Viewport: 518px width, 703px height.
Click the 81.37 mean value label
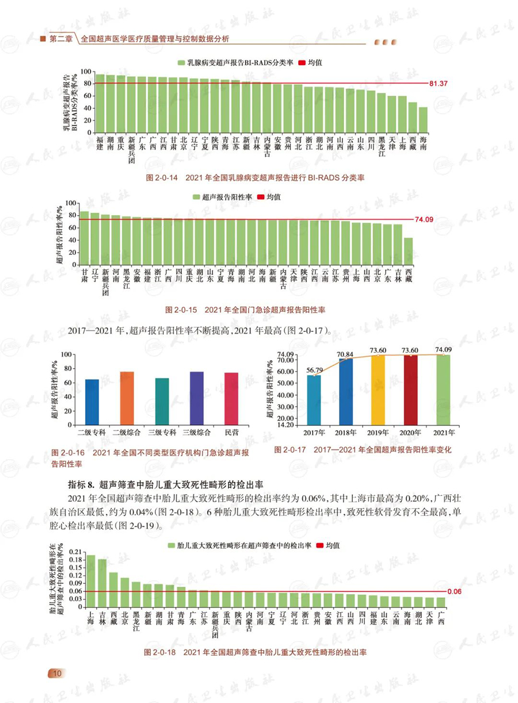(x=438, y=84)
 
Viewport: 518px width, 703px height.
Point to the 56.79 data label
(x=314, y=370)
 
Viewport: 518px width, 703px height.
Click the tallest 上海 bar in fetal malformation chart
(x=90, y=581)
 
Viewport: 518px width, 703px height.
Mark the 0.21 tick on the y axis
(x=75, y=552)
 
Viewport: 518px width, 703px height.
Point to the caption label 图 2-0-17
(x=291, y=449)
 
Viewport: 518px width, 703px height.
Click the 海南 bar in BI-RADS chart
(x=423, y=120)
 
